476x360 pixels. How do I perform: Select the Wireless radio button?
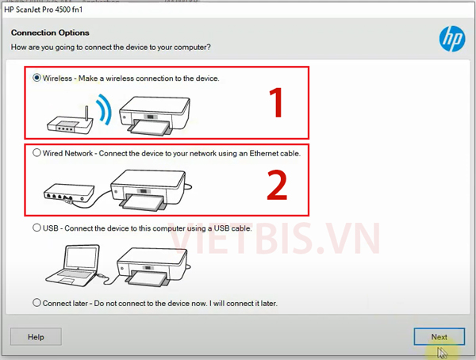pos(36,78)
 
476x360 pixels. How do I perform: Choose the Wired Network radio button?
pos(36,153)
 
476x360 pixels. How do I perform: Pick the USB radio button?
pos(36,228)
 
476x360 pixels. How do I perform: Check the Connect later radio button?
pos(36,303)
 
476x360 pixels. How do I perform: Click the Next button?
pos(439,337)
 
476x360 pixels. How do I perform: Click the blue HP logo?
pos(452,39)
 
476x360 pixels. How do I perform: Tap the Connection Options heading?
pos(50,33)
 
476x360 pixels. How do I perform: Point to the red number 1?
pos(277,102)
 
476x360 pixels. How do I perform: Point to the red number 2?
pos(277,185)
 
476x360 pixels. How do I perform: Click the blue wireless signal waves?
pos(105,109)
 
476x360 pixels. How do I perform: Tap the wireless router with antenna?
pos(70,121)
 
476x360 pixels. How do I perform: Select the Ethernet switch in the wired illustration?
pos(68,193)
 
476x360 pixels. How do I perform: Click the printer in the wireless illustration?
pos(154,116)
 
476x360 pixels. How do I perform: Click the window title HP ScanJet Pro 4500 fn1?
pos(43,10)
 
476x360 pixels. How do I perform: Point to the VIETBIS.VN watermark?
pos(274,238)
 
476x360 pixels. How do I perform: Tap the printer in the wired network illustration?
pos(150,190)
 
